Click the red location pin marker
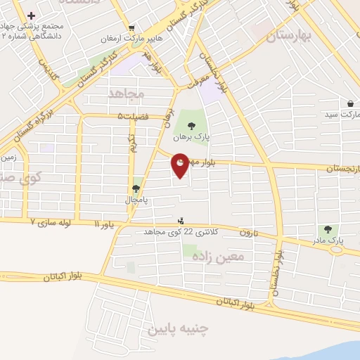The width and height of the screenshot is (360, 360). click(x=181, y=165)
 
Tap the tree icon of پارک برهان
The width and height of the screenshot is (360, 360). click(x=191, y=126)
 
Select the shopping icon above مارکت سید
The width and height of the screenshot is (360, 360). click(x=350, y=103)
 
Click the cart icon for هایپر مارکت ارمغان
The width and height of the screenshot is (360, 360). click(x=131, y=27)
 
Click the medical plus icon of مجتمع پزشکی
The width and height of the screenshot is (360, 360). click(x=32, y=15)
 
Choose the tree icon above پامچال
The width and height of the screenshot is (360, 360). click(x=136, y=188)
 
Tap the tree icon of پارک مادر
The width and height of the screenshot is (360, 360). click(x=327, y=229)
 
